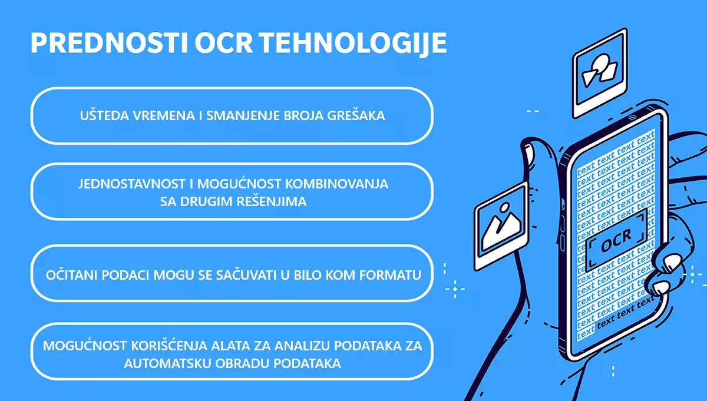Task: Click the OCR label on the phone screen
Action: point(616,241)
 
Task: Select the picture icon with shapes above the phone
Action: point(599,75)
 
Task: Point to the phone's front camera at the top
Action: point(632,117)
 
